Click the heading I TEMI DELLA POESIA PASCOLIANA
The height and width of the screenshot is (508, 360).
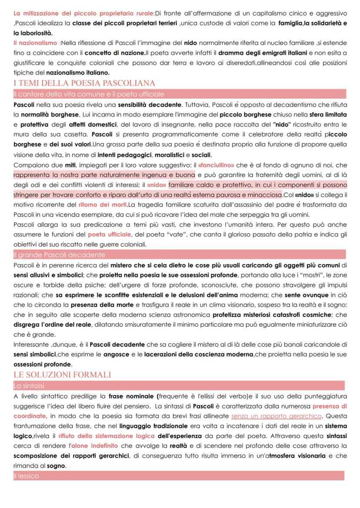click(84, 83)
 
